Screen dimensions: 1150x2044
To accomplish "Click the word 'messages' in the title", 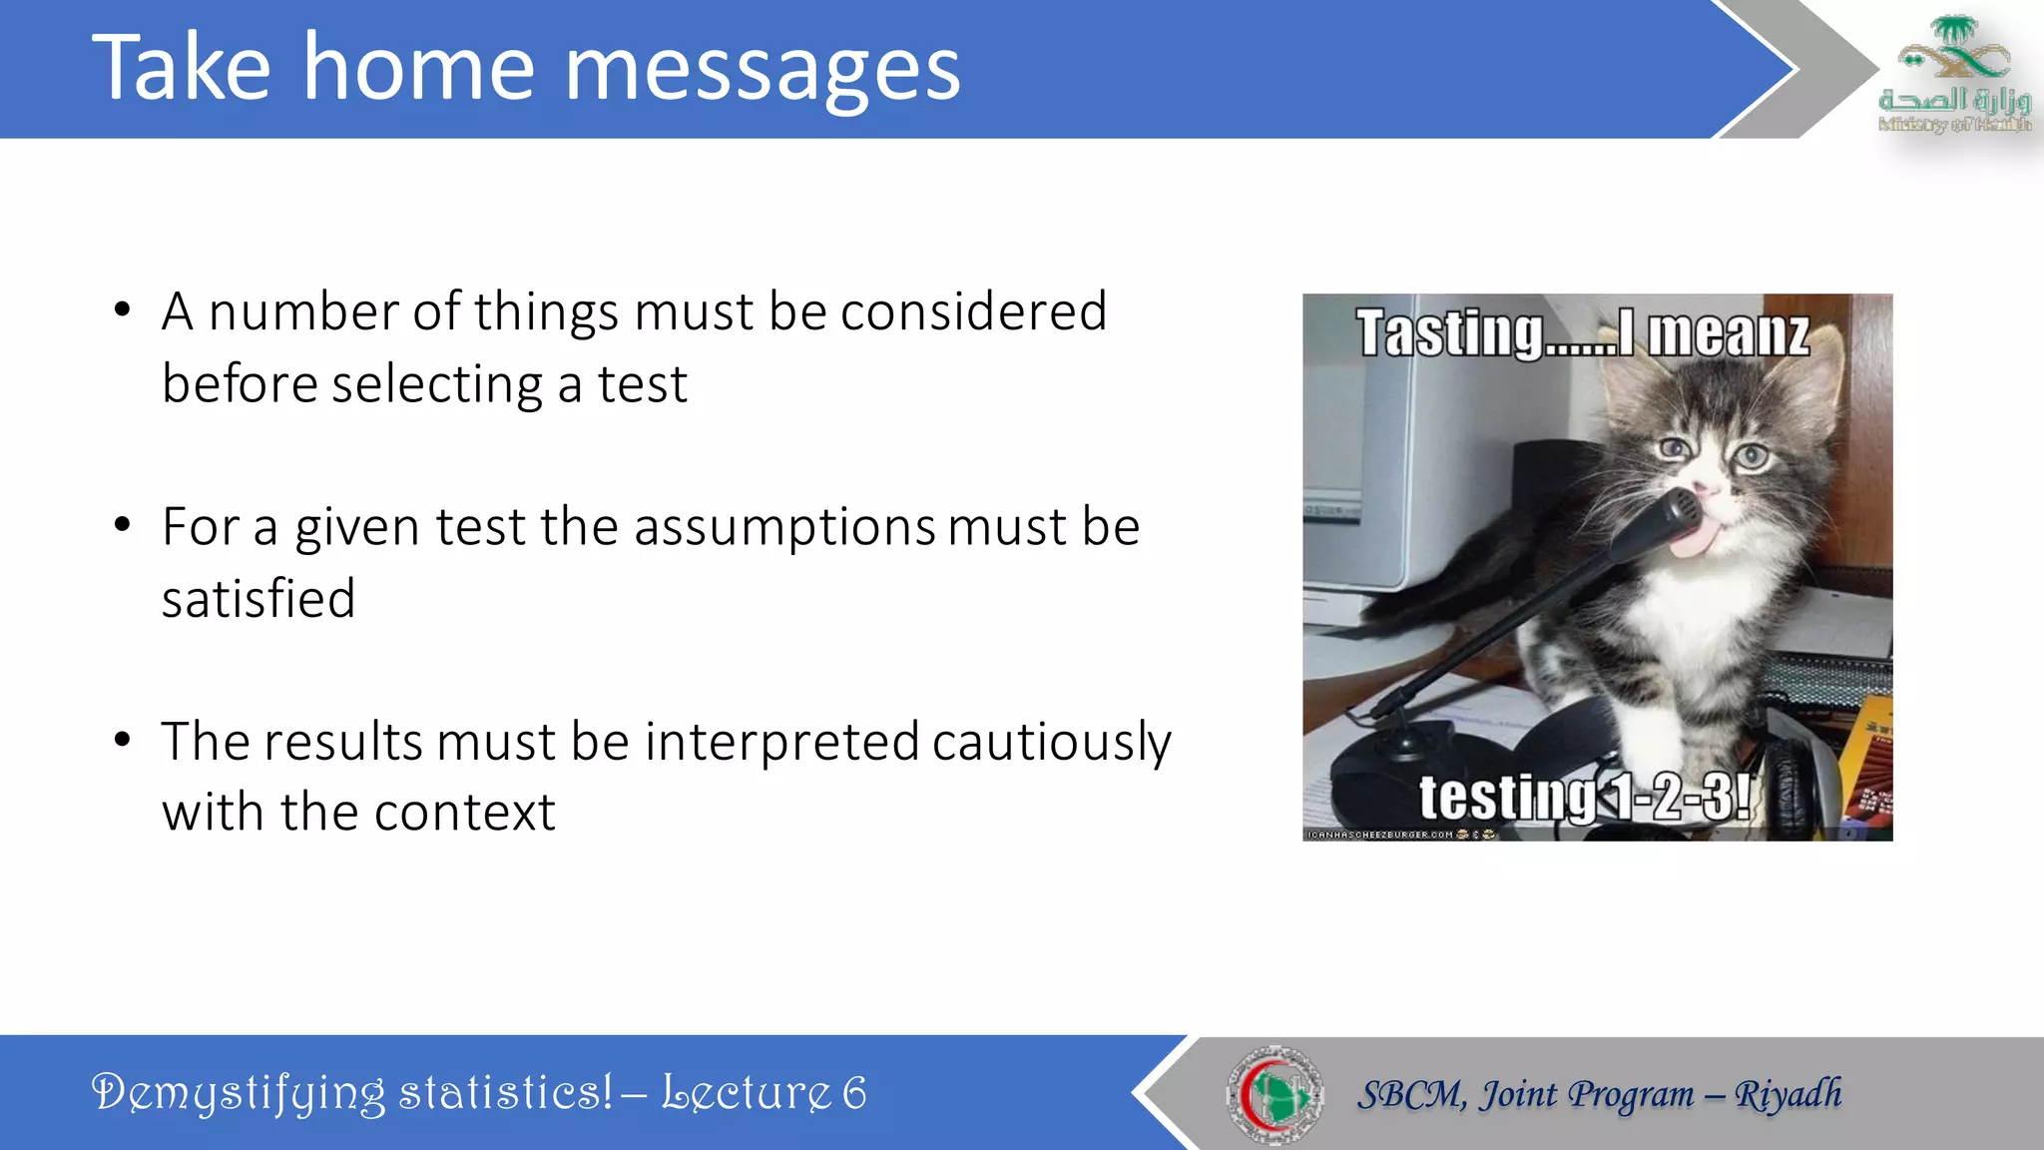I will pos(763,70).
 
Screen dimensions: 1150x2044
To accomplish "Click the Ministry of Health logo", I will pos(1954,75).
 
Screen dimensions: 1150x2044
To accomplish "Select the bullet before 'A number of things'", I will pos(123,309).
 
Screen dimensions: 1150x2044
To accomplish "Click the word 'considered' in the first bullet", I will pos(973,311).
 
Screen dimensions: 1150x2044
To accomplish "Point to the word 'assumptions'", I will pos(784,527).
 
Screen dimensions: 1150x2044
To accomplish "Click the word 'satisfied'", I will pos(258,599).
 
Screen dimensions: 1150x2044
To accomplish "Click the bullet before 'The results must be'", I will pos(123,740).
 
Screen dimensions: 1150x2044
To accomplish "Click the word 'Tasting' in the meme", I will pos(1449,334).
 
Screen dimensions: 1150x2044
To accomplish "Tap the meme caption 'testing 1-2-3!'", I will pos(1584,797).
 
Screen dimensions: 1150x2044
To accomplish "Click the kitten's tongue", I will pos(1698,538).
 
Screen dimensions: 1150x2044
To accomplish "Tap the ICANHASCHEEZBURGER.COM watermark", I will pos(1380,835).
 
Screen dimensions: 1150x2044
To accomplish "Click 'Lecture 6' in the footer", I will pos(764,1093).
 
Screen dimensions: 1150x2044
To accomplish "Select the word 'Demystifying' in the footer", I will pos(238,1093).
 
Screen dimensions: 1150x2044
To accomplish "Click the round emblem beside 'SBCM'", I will pos(1275,1094).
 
